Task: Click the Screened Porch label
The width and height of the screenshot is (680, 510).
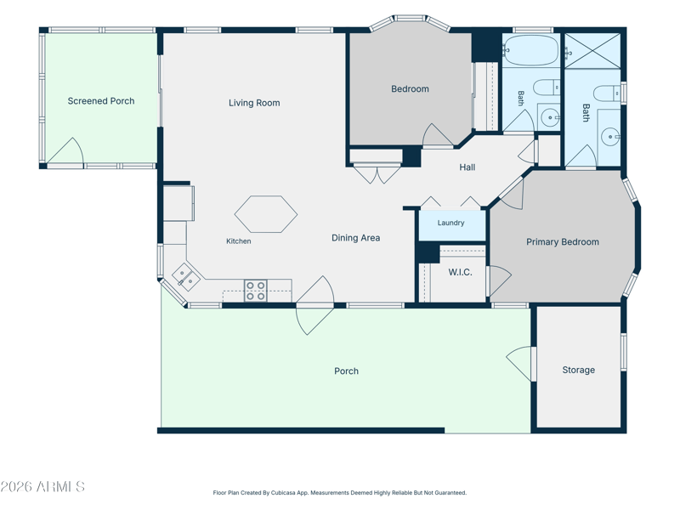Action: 101,101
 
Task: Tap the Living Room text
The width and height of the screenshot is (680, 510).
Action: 254,103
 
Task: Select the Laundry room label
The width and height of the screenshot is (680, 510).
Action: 450,223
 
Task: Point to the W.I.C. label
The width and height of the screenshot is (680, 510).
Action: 460,272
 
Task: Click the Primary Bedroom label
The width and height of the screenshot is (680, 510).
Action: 563,242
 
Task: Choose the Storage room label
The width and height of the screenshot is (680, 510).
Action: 579,370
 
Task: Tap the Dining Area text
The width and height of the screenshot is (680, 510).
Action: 355,238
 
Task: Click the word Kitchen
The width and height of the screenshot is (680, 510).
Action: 239,241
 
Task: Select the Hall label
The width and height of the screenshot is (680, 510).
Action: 467,167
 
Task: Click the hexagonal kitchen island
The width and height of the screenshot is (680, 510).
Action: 266,214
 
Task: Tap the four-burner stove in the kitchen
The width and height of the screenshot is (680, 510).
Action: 256,291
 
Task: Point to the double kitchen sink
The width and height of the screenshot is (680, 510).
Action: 186,278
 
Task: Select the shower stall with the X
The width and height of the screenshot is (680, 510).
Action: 592,51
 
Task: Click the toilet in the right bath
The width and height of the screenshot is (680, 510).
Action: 607,93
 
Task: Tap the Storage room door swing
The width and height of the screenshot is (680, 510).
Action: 518,364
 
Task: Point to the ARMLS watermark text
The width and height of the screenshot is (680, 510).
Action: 42,486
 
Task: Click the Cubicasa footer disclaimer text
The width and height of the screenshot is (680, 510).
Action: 339,493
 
